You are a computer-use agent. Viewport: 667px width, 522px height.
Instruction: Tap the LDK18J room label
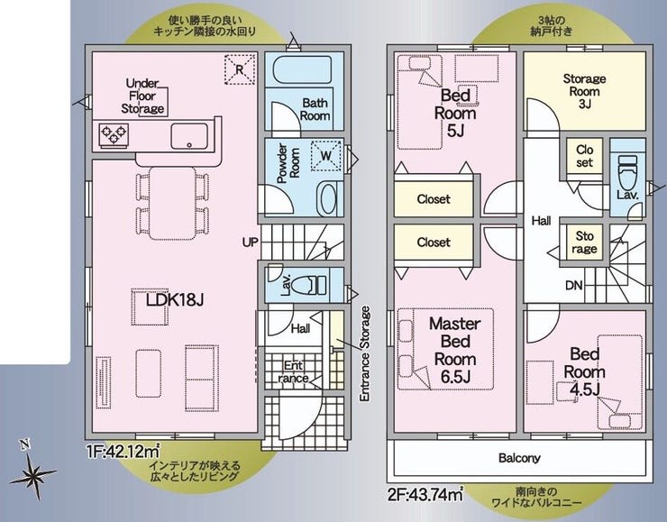click(175, 300)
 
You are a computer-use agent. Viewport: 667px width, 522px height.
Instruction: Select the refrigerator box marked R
click(240, 69)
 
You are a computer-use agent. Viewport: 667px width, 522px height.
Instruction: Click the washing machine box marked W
click(326, 156)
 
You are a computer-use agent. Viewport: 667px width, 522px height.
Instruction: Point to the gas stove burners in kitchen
click(114, 135)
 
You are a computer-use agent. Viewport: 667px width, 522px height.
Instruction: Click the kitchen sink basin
click(189, 136)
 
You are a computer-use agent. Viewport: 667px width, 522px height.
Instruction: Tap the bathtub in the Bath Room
click(303, 70)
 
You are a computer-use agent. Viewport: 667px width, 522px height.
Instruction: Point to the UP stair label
click(251, 243)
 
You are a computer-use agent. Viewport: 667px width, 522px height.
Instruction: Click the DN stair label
click(574, 286)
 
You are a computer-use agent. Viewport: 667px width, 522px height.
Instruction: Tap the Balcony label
click(519, 458)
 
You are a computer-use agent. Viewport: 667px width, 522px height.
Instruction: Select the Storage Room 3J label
click(584, 91)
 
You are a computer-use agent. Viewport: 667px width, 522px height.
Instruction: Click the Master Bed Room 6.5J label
click(455, 350)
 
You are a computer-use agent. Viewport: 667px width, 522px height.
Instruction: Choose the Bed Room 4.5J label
click(584, 371)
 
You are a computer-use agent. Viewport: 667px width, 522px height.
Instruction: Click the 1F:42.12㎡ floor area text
click(123, 451)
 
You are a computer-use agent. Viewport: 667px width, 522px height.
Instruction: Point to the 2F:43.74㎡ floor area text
click(425, 495)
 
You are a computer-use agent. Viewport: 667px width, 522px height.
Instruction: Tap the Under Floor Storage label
click(143, 96)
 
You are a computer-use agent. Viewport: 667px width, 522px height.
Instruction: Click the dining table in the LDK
click(172, 203)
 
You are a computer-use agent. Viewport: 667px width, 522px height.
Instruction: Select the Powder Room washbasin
click(328, 198)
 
